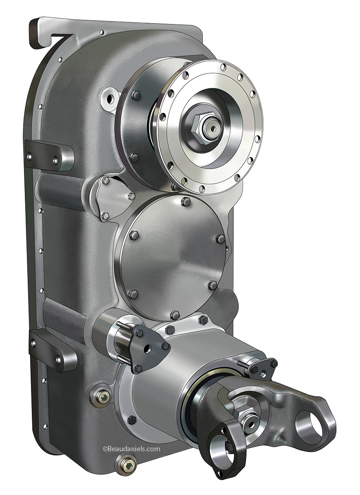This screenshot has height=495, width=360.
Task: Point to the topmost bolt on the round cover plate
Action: point(186,202)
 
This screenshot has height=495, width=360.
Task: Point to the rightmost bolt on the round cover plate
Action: point(221,239)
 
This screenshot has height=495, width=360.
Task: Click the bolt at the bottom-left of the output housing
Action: point(132,420)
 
